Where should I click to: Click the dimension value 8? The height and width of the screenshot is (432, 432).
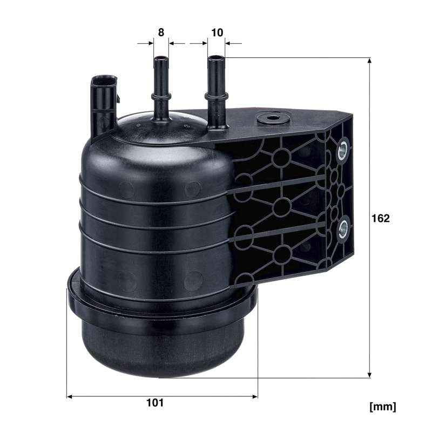tap(161, 32)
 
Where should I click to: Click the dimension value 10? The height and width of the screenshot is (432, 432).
tap(217, 32)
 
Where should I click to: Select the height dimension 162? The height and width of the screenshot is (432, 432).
tap(381, 218)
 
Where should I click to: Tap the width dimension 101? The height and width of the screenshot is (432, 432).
tap(155, 402)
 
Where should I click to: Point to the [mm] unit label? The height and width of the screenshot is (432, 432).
tap(383, 407)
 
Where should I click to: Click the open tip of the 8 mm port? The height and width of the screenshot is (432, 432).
tap(161, 59)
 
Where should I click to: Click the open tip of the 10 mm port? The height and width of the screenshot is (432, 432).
tap(216, 58)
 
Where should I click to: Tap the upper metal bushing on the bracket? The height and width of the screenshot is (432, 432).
tap(343, 150)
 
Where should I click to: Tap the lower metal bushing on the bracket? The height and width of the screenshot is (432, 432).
tap(343, 228)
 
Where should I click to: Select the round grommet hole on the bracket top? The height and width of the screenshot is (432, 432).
tap(273, 118)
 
